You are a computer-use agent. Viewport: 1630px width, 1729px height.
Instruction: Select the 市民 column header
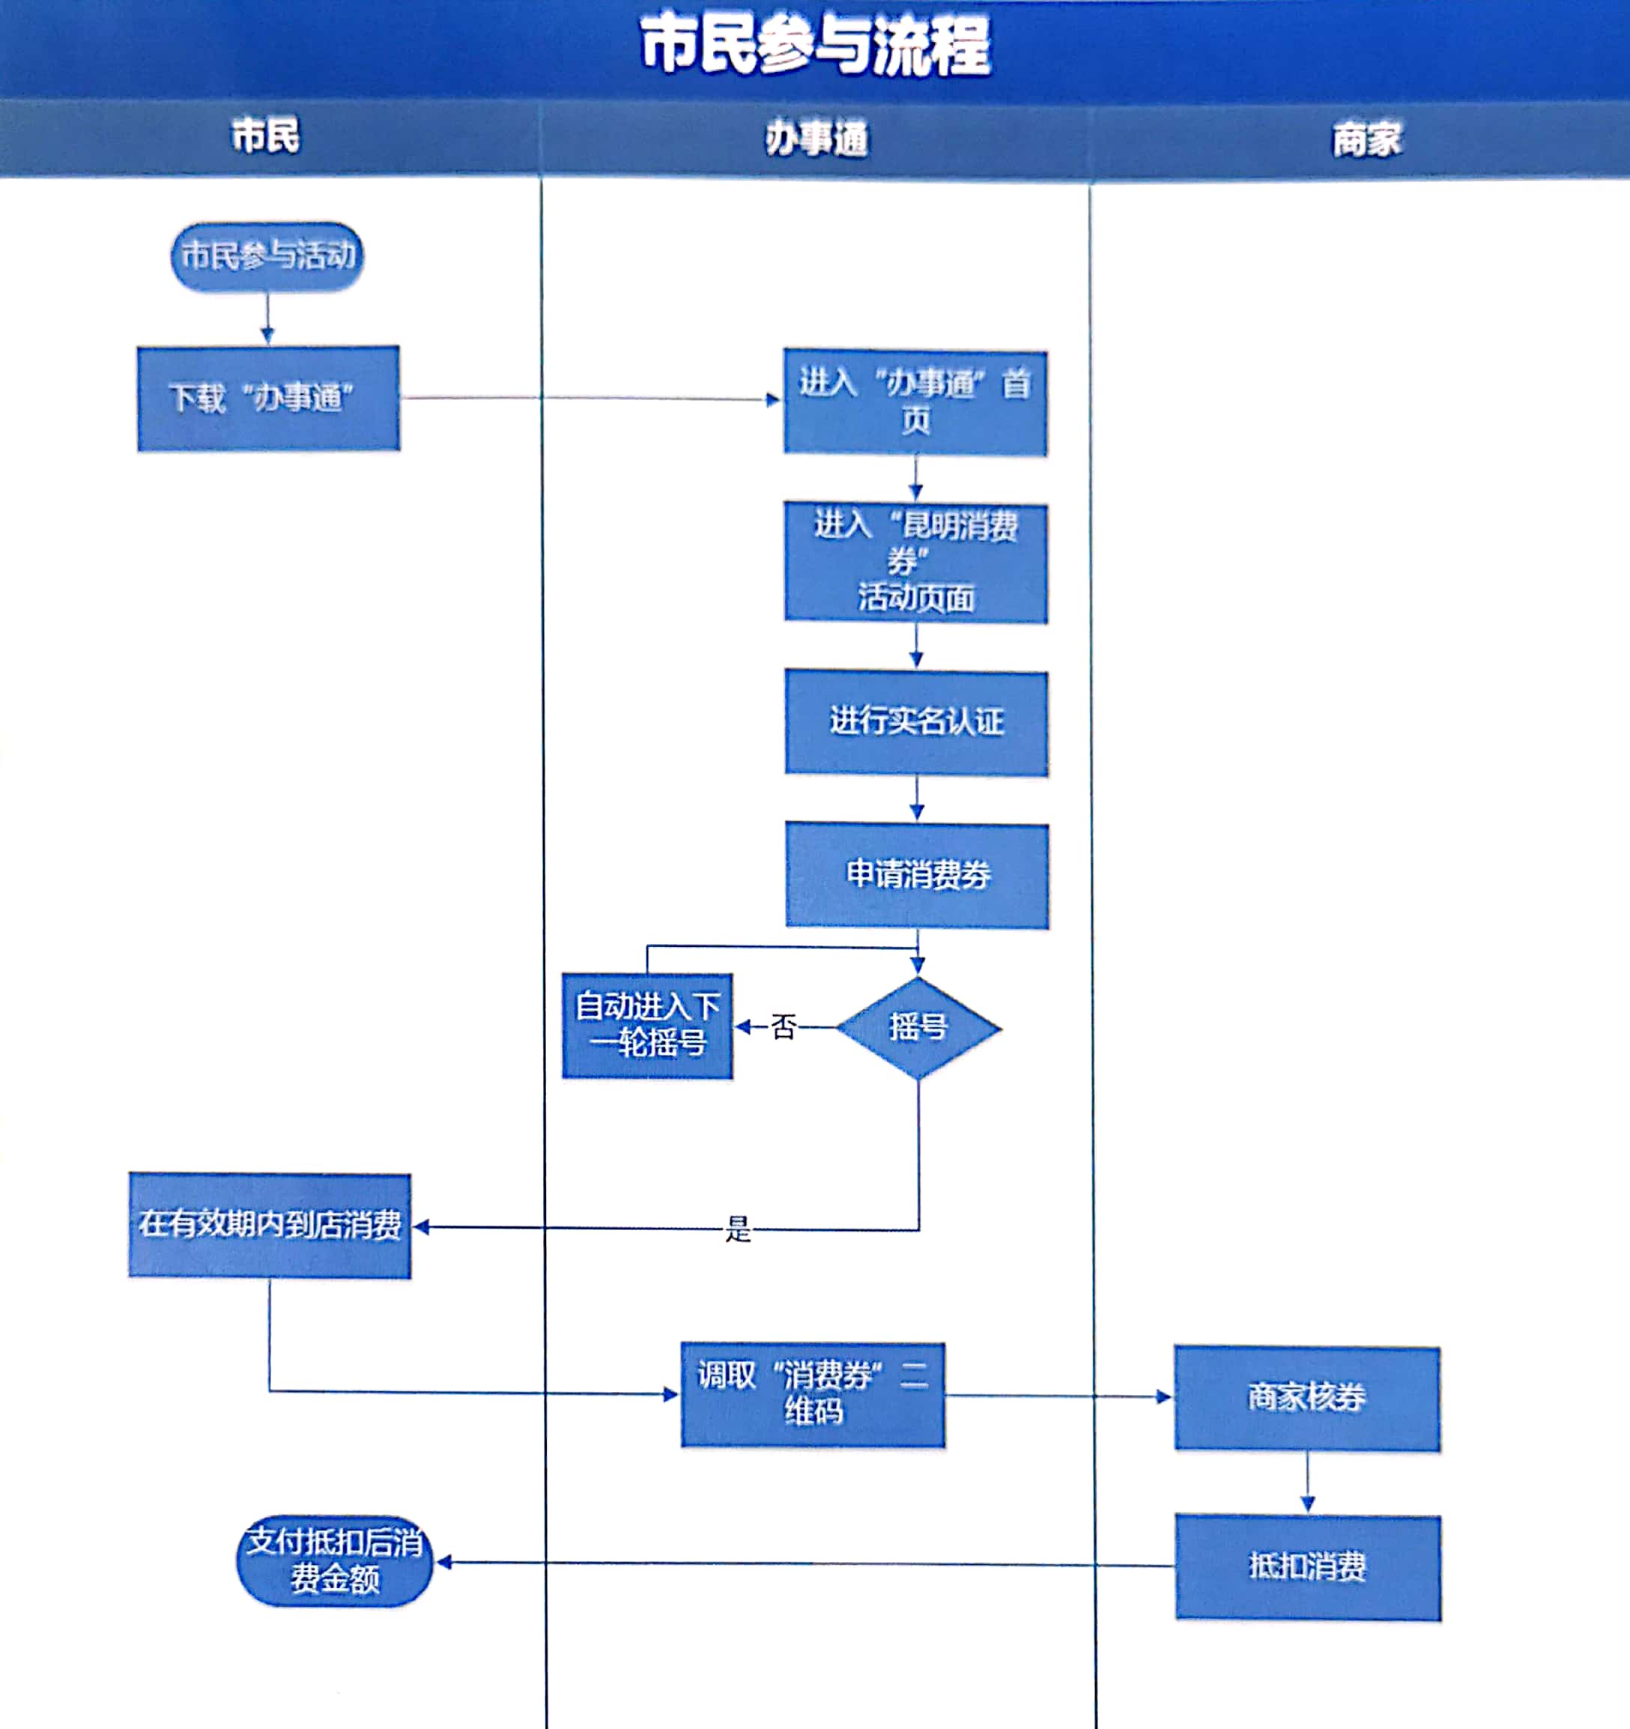point(265,136)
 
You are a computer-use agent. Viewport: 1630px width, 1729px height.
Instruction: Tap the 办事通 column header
point(816,139)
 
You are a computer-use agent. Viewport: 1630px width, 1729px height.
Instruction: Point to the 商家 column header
point(1366,139)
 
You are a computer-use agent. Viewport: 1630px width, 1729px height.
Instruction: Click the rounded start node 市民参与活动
point(267,255)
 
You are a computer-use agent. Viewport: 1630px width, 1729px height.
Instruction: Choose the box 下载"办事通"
point(268,399)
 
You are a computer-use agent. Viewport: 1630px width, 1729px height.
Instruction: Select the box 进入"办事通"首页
point(915,402)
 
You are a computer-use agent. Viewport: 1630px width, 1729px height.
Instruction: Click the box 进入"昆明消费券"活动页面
point(916,562)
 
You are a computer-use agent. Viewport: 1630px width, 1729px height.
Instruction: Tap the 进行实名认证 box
point(916,722)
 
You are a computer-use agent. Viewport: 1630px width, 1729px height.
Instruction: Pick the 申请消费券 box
point(917,875)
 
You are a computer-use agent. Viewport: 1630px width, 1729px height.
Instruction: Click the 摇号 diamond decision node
point(918,1028)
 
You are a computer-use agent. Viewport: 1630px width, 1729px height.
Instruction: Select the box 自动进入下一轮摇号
point(647,1026)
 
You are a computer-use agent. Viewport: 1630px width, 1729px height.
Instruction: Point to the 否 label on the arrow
point(783,1027)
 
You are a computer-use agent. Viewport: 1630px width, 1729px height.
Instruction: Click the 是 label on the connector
point(738,1229)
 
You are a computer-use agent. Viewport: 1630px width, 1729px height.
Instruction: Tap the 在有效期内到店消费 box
point(270,1226)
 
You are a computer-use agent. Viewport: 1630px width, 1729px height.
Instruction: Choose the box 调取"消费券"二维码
point(813,1395)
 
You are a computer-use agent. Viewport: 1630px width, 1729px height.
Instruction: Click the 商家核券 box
point(1306,1398)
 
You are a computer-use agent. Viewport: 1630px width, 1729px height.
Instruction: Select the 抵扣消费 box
point(1307,1567)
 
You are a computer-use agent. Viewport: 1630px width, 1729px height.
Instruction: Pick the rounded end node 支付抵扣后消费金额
point(335,1561)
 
